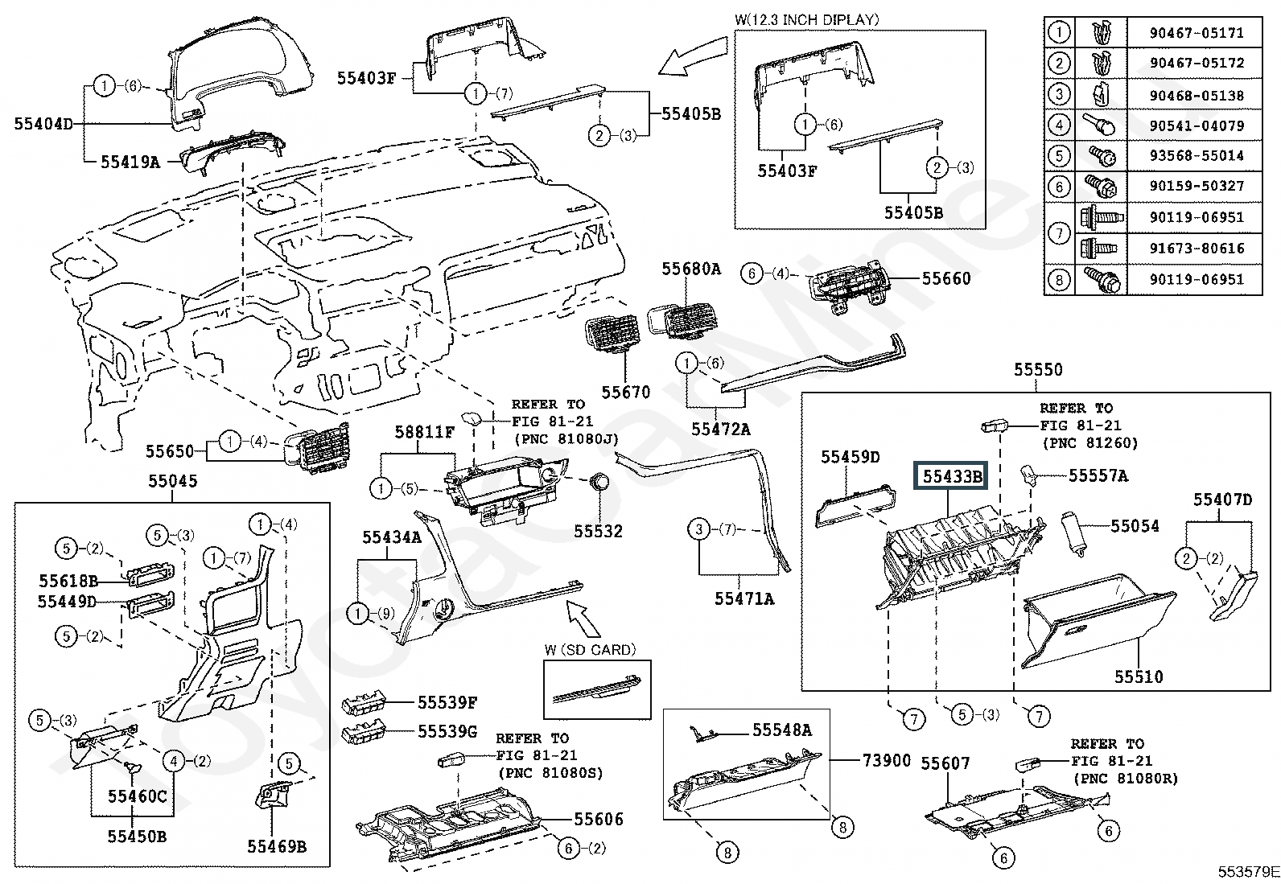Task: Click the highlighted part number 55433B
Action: click(953, 476)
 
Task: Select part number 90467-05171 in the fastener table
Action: click(1197, 33)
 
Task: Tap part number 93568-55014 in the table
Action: click(1197, 155)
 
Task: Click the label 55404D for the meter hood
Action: click(43, 124)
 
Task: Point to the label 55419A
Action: click(130, 162)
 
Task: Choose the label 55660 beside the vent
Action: click(946, 278)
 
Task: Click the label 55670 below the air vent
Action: click(626, 392)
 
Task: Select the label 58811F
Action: click(424, 433)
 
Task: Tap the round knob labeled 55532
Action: click(598, 482)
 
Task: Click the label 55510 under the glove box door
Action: click(1139, 676)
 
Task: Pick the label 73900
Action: click(887, 760)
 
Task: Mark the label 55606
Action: click(599, 820)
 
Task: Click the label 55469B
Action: click(277, 846)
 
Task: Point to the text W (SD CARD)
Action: click(590, 649)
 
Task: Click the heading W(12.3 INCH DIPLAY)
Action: click(807, 19)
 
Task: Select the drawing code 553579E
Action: click(1246, 872)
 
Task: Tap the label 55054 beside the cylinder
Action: click(1135, 526)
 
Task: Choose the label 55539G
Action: click(447, 731)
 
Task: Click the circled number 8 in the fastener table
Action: click(1060, 279)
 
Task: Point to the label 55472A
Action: click(720, 430)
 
